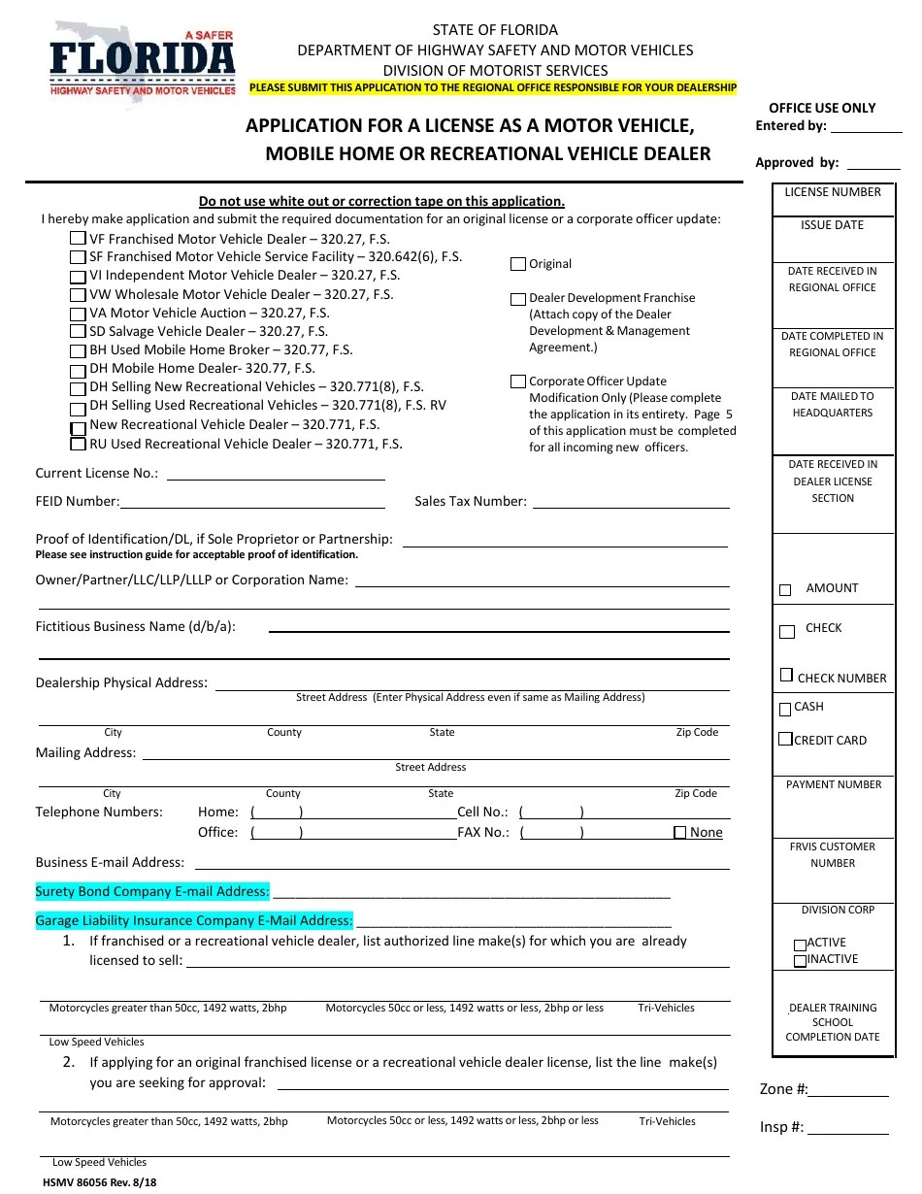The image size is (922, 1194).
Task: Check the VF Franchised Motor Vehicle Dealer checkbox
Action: (78, 239)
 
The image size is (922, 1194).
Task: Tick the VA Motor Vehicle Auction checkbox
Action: (78, 314)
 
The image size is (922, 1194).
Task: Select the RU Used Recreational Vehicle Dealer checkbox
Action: (78, 445)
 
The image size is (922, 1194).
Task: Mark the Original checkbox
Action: (518, 264)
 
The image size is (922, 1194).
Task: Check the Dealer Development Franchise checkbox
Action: (518, 299)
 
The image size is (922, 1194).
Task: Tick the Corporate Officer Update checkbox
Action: (518, 381)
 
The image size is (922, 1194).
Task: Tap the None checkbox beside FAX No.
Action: (680, 833)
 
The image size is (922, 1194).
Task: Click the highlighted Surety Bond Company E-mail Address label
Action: (152, 891)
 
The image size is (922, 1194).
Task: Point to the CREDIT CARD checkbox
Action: (785, 740)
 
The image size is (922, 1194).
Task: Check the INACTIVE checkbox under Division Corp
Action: (800, 961)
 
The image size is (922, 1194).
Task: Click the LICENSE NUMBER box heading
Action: (833, 192)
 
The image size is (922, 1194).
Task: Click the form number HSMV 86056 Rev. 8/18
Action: (99, 1182)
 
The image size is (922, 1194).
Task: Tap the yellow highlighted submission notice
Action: (493, 87)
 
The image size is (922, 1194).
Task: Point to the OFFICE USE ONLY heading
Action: (822, 108)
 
